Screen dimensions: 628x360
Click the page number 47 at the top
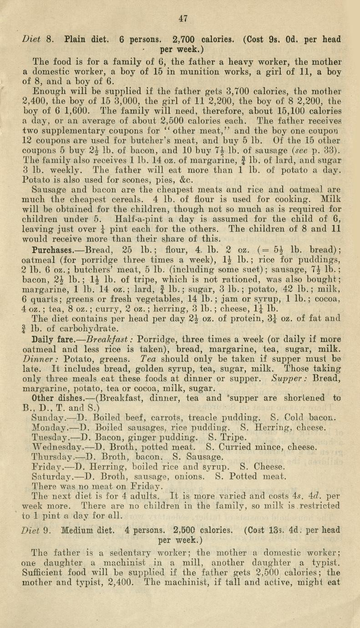183,19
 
